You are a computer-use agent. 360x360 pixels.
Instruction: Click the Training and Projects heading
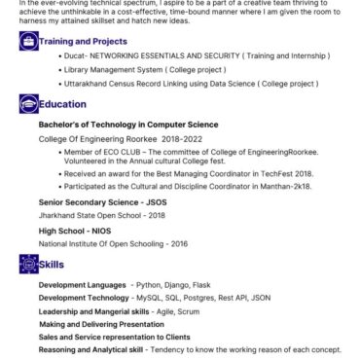(x=84, y=42)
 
